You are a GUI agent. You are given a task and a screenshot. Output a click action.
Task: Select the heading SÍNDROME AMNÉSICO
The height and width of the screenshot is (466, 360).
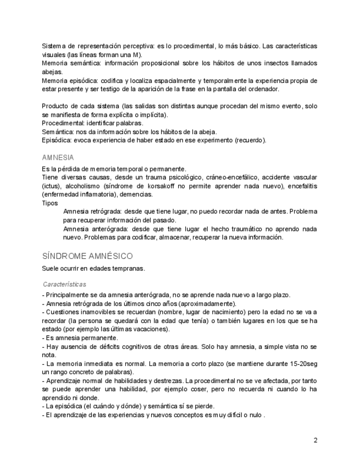click(x=87, y=256)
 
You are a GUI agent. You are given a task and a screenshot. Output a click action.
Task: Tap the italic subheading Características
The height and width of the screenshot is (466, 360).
click(x=64, y=284)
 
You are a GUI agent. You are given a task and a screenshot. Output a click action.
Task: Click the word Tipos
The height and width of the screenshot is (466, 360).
click(x=50, y=203)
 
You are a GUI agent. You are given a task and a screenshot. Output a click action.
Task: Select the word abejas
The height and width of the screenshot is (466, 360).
click(x=52, y=71)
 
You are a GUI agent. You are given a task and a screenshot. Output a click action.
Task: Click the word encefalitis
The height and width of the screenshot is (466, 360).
click(x=301, y=186)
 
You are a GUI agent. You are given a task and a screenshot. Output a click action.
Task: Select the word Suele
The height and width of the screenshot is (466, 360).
click(x=51, y=269)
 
